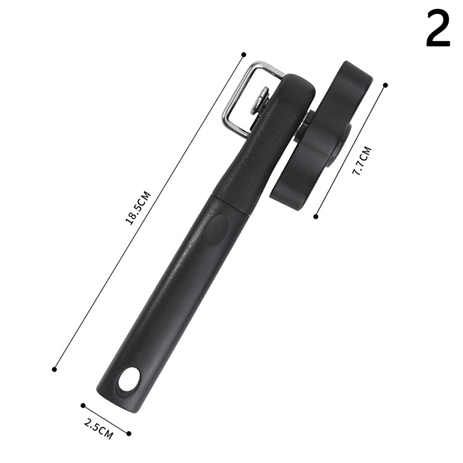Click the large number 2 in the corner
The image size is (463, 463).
pos(438,28)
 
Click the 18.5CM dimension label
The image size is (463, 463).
pos(138,208)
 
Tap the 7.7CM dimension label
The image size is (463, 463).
pos(362,161)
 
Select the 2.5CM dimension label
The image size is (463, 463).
pos(98,429)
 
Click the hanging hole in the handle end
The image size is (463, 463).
pos(129,379)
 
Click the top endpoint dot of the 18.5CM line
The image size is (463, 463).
pos(244,54)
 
